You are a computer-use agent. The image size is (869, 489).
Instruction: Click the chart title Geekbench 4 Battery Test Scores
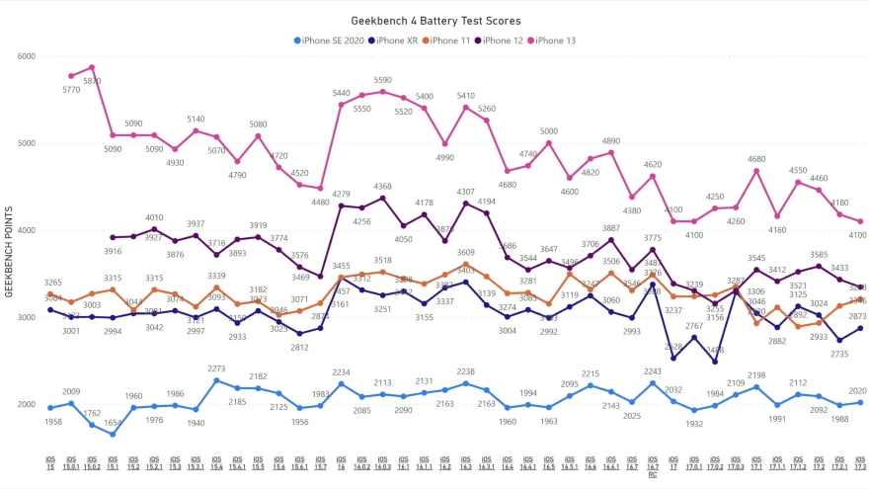[x=435, y=20]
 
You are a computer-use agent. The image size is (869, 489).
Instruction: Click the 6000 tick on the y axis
[x=25, y=56]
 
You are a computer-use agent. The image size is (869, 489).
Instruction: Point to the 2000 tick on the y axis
[x=25, y=404]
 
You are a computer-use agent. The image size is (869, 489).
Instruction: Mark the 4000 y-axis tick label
[x=25, y=230]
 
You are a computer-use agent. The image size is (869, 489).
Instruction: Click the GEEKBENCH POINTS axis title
[x=9, y=252]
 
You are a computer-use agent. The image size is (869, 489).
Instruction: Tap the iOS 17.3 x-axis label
[x=860, y=460]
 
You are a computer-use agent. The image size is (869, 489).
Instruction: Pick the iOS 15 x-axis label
[x=50, y=460]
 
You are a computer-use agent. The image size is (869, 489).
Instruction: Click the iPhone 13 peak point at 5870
[x=92, y=67]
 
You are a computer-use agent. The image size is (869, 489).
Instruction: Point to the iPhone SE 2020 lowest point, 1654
[x=113, y=434]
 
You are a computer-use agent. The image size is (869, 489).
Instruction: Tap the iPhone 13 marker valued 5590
[x=382, y=92]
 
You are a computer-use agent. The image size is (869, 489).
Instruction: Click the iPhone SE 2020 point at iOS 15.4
[x=216, y=380]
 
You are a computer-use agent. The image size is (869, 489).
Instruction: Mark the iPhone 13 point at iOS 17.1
[x=756, y=171]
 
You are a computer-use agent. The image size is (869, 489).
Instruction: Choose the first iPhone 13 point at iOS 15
[x=71, y=76]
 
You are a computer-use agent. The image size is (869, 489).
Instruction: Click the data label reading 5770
[x=71, y=90]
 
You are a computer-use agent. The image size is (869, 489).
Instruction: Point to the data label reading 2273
[x=216, y=369]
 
